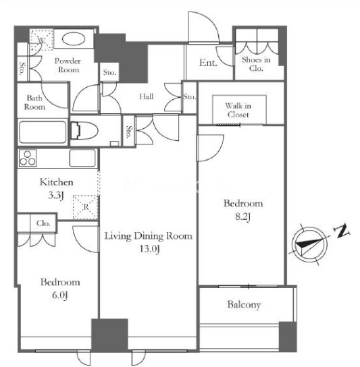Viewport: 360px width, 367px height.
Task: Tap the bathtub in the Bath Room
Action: tap(43, 132)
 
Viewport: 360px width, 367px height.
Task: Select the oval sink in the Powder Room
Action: tap(74, 38)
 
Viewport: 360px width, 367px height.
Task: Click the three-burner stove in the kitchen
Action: tap(28, 158)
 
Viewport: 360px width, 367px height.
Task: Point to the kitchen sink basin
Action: tap(82, 158)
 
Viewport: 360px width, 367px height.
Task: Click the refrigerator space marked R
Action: tap(86, 207)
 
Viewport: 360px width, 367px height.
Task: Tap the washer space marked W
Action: tap(41, 40)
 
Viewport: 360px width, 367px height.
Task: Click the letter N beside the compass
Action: tap(342, 231)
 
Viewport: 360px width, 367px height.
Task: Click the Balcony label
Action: tap(244, 305)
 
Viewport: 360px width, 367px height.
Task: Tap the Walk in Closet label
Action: tap(238, 110)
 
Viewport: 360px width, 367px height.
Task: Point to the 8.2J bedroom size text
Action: tap(243, 217)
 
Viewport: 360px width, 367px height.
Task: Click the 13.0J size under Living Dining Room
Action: tap(149, 249)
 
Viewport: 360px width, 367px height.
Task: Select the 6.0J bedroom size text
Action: tap(59, 295)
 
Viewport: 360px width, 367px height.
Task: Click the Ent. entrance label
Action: tap(208, 63)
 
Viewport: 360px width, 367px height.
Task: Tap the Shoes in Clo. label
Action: tap(256, 64)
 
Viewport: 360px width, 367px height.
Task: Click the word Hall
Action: tap(147, 96)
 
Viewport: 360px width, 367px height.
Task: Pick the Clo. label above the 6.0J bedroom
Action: tap(43, 223)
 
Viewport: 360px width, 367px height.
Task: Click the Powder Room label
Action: tap(68, 65)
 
